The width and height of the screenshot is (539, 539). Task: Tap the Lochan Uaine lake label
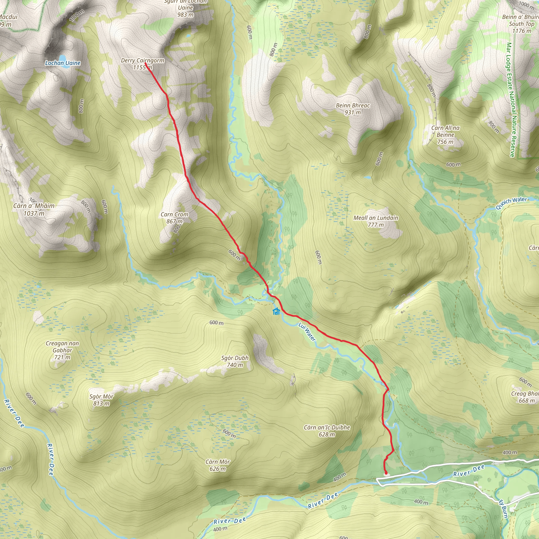(63, 63)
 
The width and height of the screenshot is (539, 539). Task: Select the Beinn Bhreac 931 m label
(353, 109)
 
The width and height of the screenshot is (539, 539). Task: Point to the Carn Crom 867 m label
(174, 218)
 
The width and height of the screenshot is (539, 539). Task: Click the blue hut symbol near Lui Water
(276, 311)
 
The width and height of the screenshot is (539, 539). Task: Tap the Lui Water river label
(307, 332)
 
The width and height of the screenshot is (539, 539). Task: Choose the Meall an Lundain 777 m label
(376, 221)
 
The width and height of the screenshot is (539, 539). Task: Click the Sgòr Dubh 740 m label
(234, 361)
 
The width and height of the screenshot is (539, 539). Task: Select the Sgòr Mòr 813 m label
(101, 400)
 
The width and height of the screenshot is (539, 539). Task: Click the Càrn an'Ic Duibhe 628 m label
(327, 431)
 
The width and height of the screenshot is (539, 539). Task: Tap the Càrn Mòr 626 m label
(218, 465)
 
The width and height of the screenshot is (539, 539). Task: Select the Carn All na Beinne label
(445, 135)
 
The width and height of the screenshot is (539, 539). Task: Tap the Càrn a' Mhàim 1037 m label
(34, 209)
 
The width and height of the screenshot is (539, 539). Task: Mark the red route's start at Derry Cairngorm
(146, 63)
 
